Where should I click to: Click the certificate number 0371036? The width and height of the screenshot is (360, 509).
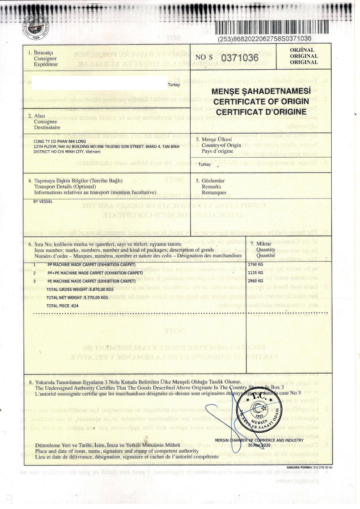(x=240, y=57)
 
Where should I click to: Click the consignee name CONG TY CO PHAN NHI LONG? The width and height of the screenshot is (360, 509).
(x=59, y=142)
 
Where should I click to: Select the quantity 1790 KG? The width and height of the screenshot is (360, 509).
(x=255, y=265)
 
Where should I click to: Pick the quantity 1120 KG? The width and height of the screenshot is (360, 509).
(x=255, y=273)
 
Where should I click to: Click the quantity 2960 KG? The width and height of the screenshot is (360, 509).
(x=255, y=281)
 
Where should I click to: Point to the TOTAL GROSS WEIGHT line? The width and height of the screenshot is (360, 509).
(x=80, y=289)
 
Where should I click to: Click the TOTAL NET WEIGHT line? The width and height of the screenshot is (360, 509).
(x=77, y=297)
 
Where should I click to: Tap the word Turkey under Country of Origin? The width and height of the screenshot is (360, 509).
(x=204, y=165)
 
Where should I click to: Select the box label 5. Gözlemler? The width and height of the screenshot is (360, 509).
(x=211, y=181)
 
